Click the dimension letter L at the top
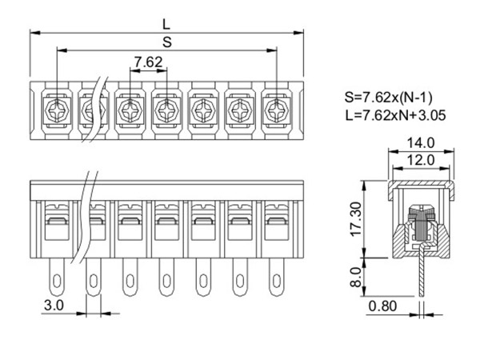tap(166, 24)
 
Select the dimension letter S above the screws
tap(167, 42)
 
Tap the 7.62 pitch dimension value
tap(149, 62)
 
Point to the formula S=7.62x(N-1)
tap(389, 98)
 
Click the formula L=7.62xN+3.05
tap(395, 115)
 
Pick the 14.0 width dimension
tap(421, 142)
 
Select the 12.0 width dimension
tap(421, 160)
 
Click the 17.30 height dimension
tap(357, 219)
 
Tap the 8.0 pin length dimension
tap(356, 277)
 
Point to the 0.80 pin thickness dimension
tap(382, 306)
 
